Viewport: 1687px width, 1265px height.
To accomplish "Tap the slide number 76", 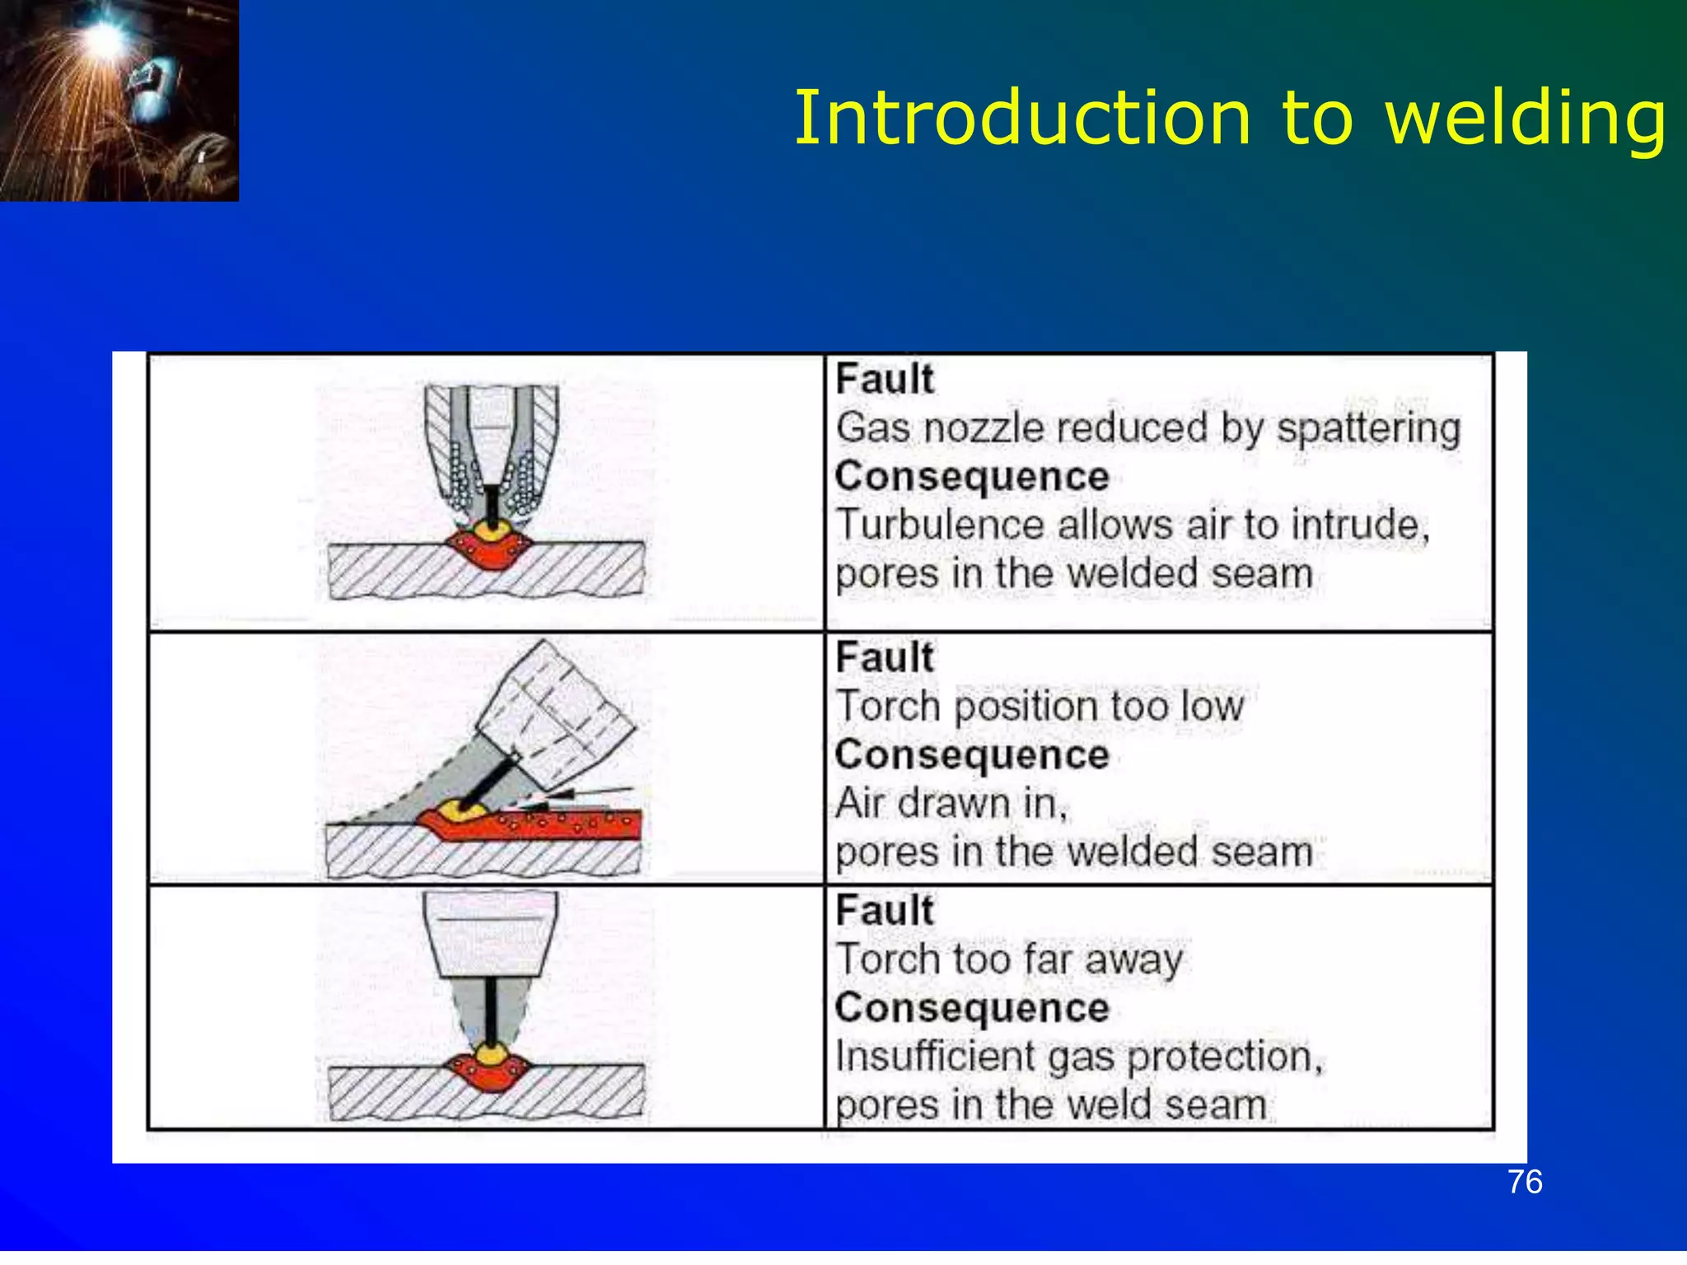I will pos(1525,1182).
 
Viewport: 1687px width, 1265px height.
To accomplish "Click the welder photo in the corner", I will pos(119,100).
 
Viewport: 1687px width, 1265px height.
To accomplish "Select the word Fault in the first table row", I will pos(885,380).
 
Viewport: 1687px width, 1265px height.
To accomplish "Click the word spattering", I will pos(1368,428).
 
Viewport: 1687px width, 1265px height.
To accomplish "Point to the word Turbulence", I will pos(940,525).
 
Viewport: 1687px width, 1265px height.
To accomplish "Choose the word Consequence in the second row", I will pos(972,755).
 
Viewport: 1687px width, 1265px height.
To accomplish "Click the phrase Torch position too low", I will pos(1040,707).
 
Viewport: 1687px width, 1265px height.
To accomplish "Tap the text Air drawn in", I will pos(951,803).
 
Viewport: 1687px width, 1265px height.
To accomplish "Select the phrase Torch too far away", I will pos(1009,959).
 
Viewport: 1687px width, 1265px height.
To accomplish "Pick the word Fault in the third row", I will pos(885,911).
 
